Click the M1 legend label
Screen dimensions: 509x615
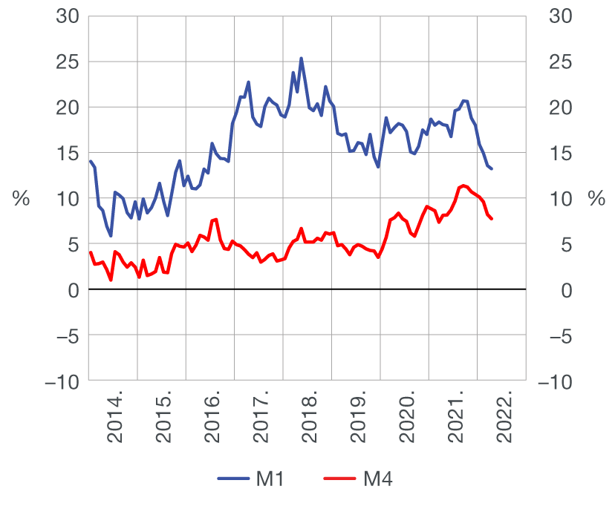[x=270, y=479]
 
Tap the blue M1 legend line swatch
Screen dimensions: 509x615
[x=234, y=479]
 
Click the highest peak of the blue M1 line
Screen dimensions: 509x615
[x=301, y=58]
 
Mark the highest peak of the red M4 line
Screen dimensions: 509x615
[x=463, y=185]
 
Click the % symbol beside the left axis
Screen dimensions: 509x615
[x=21, y=199]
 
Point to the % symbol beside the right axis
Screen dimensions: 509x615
[x=596, y=199]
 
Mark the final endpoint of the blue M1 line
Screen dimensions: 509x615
[x=492, y=169]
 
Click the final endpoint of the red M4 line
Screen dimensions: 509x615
[x=492, y=219]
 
